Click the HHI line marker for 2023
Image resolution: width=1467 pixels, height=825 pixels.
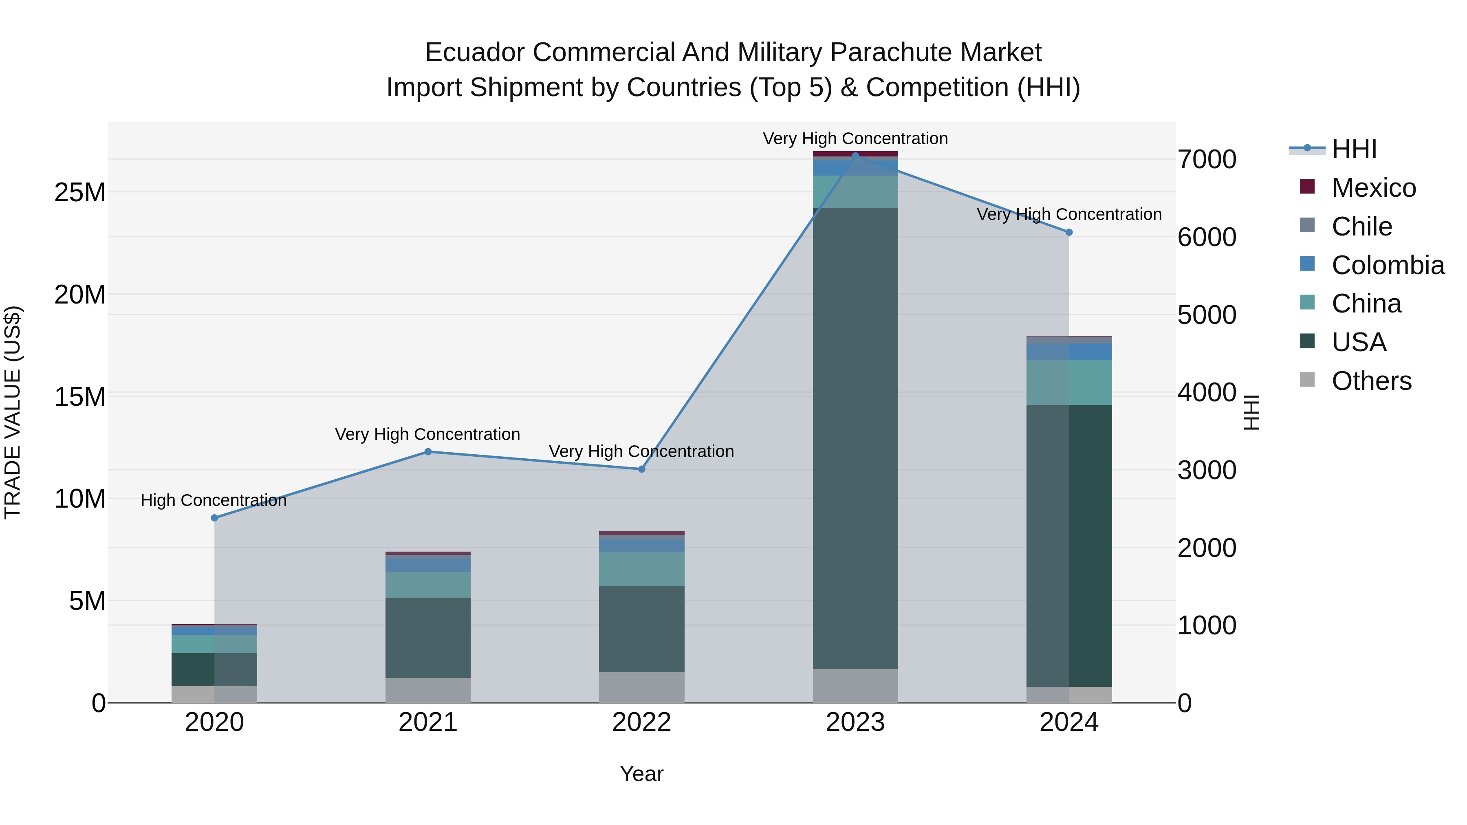coord(855,156)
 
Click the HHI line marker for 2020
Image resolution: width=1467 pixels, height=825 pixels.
coord(214,517)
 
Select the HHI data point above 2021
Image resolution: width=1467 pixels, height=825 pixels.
coord(428,451)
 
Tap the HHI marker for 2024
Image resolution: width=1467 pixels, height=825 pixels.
coord(1068,232)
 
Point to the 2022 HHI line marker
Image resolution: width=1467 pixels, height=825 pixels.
coord(641,469)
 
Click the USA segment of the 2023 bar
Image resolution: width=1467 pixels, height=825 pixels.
coord(855,438)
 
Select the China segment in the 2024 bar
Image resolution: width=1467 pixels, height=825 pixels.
coord(1068,382)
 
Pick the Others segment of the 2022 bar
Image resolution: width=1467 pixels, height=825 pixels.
coord(641,687)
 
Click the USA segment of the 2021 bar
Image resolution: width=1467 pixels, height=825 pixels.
coord(428,638)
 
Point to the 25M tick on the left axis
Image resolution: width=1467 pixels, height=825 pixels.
coord(80,192)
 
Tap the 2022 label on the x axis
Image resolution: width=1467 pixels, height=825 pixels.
coord(641,722)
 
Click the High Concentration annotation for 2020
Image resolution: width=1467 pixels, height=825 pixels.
coord(214,500)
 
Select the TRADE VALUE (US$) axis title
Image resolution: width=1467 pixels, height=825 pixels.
coord(13,412)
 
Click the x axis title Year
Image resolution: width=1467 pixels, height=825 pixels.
coord(641,774)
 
